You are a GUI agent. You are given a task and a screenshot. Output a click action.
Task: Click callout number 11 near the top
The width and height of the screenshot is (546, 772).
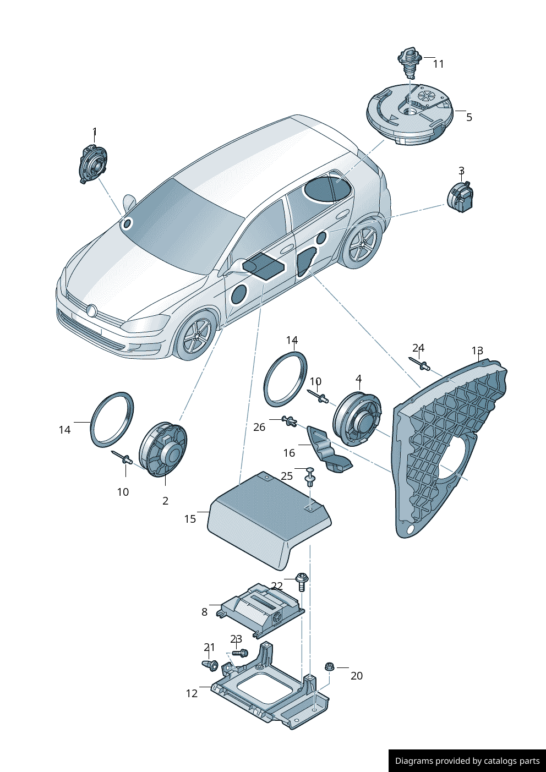438,64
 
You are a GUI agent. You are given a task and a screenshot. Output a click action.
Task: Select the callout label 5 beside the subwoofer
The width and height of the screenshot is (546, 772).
469,117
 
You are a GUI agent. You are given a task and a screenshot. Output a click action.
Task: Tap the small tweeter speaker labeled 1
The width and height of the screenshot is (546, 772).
92,163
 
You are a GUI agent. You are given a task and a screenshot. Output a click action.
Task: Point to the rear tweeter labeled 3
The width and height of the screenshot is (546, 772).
461,197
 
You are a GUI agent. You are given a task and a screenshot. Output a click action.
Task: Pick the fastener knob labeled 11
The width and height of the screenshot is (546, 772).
409,62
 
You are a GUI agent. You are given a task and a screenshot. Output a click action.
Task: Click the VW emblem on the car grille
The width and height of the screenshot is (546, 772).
92,310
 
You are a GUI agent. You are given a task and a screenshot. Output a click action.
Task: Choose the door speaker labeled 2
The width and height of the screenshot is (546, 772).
163,449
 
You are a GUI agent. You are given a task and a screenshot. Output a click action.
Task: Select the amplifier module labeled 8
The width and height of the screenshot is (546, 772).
263,609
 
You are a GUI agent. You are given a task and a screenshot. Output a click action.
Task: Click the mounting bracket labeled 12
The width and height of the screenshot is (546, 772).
270,693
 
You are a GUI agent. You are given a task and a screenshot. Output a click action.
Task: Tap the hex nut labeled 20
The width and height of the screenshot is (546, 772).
330,667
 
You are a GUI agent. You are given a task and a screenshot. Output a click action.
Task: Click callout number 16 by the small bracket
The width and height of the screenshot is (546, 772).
289,453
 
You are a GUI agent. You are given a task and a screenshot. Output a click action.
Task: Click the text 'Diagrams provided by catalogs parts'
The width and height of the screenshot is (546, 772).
467,761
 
